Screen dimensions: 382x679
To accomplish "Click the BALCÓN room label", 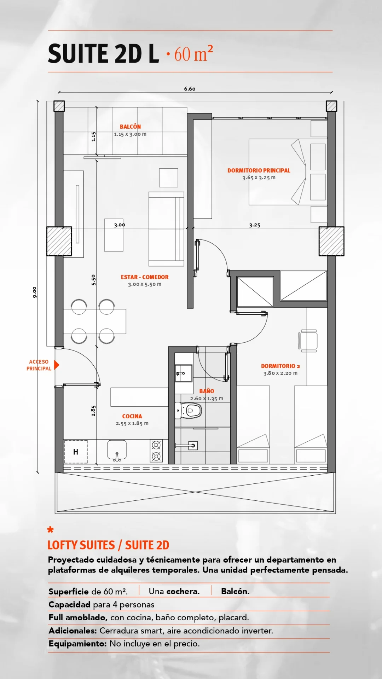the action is pyautogui.click(x=130, y=127).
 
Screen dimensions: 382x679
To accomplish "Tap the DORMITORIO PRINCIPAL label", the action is pyautogui.click(x=259, y=170).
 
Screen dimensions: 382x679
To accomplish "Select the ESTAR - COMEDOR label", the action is pyautogui.click(x=145, y=277).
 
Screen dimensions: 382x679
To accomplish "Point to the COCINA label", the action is pyautogui.click(x=132, y=416).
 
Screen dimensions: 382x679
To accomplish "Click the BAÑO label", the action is pyautogui.click(x=207, y=391).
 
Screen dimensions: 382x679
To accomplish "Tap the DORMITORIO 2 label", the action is pyautogui.click(x=280, y=366).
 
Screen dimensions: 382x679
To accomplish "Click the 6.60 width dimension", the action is pyautogui.click(x=190, y=89).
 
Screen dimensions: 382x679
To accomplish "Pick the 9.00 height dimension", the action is pyautogui.click(x=34, y=292).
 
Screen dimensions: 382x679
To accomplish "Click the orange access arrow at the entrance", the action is pyautogui.click(x=56, y=365).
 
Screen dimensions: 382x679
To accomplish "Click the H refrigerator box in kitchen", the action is pyautogui.click(x=76, y=452).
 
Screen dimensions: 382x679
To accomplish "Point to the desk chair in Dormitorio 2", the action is pyautogui.click(x=308, y=341).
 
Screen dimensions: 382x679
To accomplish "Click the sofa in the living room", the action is pyautogui.click(x=166, y=229).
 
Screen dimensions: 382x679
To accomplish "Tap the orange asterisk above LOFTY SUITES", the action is pyautogui.click(x=50, y=529).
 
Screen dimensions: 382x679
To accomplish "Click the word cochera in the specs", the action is pyautogui.click(x=183, y=591).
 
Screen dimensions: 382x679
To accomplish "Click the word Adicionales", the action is pyautogui.click(x=73, y=631).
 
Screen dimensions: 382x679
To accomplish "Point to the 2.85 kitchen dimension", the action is pyautogui.click(x=93, y=411).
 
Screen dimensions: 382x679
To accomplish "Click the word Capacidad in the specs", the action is pyautogui.click(x=69, y=605).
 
